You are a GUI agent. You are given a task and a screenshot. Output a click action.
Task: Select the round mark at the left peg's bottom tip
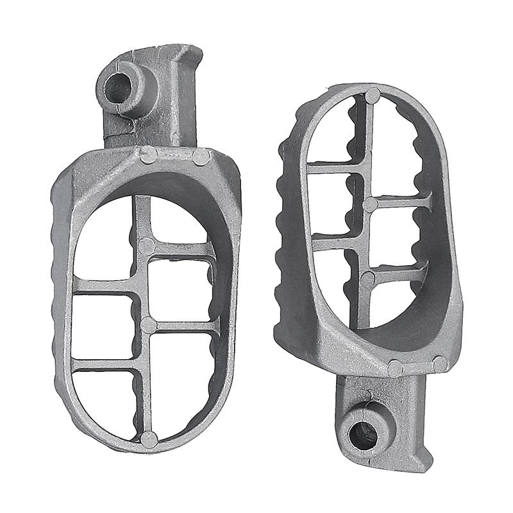coord(149,439)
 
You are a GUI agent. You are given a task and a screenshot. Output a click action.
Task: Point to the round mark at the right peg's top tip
coord(373,97)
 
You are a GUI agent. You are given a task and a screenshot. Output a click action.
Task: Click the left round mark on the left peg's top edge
coord(148,155)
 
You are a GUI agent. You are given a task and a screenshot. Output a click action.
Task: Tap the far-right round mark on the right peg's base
coord(441,364)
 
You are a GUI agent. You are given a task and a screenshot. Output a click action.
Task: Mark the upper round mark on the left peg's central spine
coord(147,245)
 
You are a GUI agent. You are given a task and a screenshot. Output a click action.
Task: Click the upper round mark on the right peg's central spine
coord(371,204)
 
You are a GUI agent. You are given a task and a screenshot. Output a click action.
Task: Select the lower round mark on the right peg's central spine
coord(367,279)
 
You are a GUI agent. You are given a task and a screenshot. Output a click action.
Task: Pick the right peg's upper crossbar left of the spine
coord(333,167)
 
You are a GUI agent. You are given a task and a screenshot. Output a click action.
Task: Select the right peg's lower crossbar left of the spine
coord(332,239)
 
